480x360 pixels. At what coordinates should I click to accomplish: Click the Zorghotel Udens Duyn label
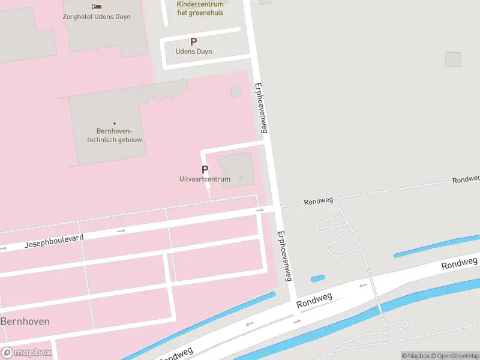click(x=97, y=17)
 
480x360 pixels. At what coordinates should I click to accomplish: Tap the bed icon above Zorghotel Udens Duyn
click(x=97, y=7)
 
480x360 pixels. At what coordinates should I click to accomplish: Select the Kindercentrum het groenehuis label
click(x=200, y=8)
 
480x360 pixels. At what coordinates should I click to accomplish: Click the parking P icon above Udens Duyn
click(x=193, y=41)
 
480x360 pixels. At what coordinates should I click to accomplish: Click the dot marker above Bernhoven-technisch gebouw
click(x=115, y=124)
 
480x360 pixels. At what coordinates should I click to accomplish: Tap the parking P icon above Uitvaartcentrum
click(x=205, y=170)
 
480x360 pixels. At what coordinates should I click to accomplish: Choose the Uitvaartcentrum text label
click(x=205, y=179)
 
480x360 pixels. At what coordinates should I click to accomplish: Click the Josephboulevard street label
click(x=54, y=241)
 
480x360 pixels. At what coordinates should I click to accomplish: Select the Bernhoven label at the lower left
click(x=25, y=322)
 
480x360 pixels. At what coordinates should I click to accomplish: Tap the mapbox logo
click(x=26, y=353)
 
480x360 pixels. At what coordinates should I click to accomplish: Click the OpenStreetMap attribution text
click(x=455, y=356)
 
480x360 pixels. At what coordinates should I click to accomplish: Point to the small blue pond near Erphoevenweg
click(x=318, y=278)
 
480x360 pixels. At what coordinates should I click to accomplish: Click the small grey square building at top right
click(x=453, y=59)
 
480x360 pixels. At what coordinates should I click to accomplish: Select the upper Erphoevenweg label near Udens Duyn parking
click(x=261, y=108)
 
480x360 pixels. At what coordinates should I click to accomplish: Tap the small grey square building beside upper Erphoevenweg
click(x=236, y=91)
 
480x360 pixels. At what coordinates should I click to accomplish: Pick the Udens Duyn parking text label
click(x=193, y=52)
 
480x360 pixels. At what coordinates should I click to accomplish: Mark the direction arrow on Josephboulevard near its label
click(x=121, y=230)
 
